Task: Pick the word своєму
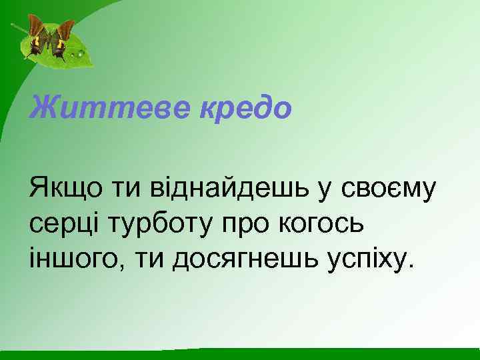click(387, 189)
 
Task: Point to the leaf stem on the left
click(17, 29)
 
